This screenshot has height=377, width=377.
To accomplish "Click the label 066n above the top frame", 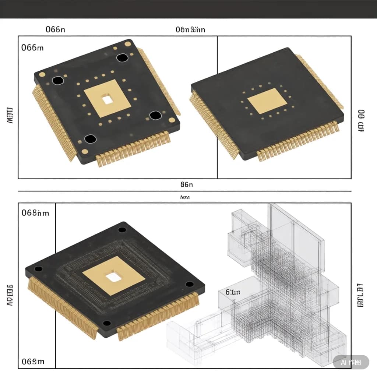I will pos(55,29).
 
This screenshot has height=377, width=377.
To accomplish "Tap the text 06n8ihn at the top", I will pos(190,29).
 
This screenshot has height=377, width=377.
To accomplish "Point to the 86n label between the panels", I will pos(187,184).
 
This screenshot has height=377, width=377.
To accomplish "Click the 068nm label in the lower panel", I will pos(35,213).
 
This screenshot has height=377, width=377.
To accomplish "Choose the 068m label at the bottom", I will pos(33,361).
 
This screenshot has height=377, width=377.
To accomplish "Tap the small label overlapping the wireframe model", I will pos(233,292).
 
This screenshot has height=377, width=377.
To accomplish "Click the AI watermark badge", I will pos(350,362).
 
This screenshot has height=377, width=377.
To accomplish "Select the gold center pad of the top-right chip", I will pos(267,101).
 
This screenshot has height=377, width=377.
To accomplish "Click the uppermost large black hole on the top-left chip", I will pos(122,58).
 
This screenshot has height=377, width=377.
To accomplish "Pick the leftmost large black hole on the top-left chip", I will pos(58,81).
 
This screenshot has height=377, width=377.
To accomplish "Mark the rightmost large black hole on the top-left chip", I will pos(155,116).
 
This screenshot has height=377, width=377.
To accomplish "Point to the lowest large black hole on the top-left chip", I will pos(90,139).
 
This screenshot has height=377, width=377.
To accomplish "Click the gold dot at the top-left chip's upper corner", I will pos(128,44).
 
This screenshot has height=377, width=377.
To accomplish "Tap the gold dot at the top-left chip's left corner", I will pos(42,74).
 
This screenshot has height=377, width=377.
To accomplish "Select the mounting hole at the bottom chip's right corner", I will pos(190,284).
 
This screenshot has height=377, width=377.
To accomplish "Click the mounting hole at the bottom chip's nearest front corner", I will pos(107,323).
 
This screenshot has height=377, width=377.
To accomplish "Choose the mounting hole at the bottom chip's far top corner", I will pos(122,230).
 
